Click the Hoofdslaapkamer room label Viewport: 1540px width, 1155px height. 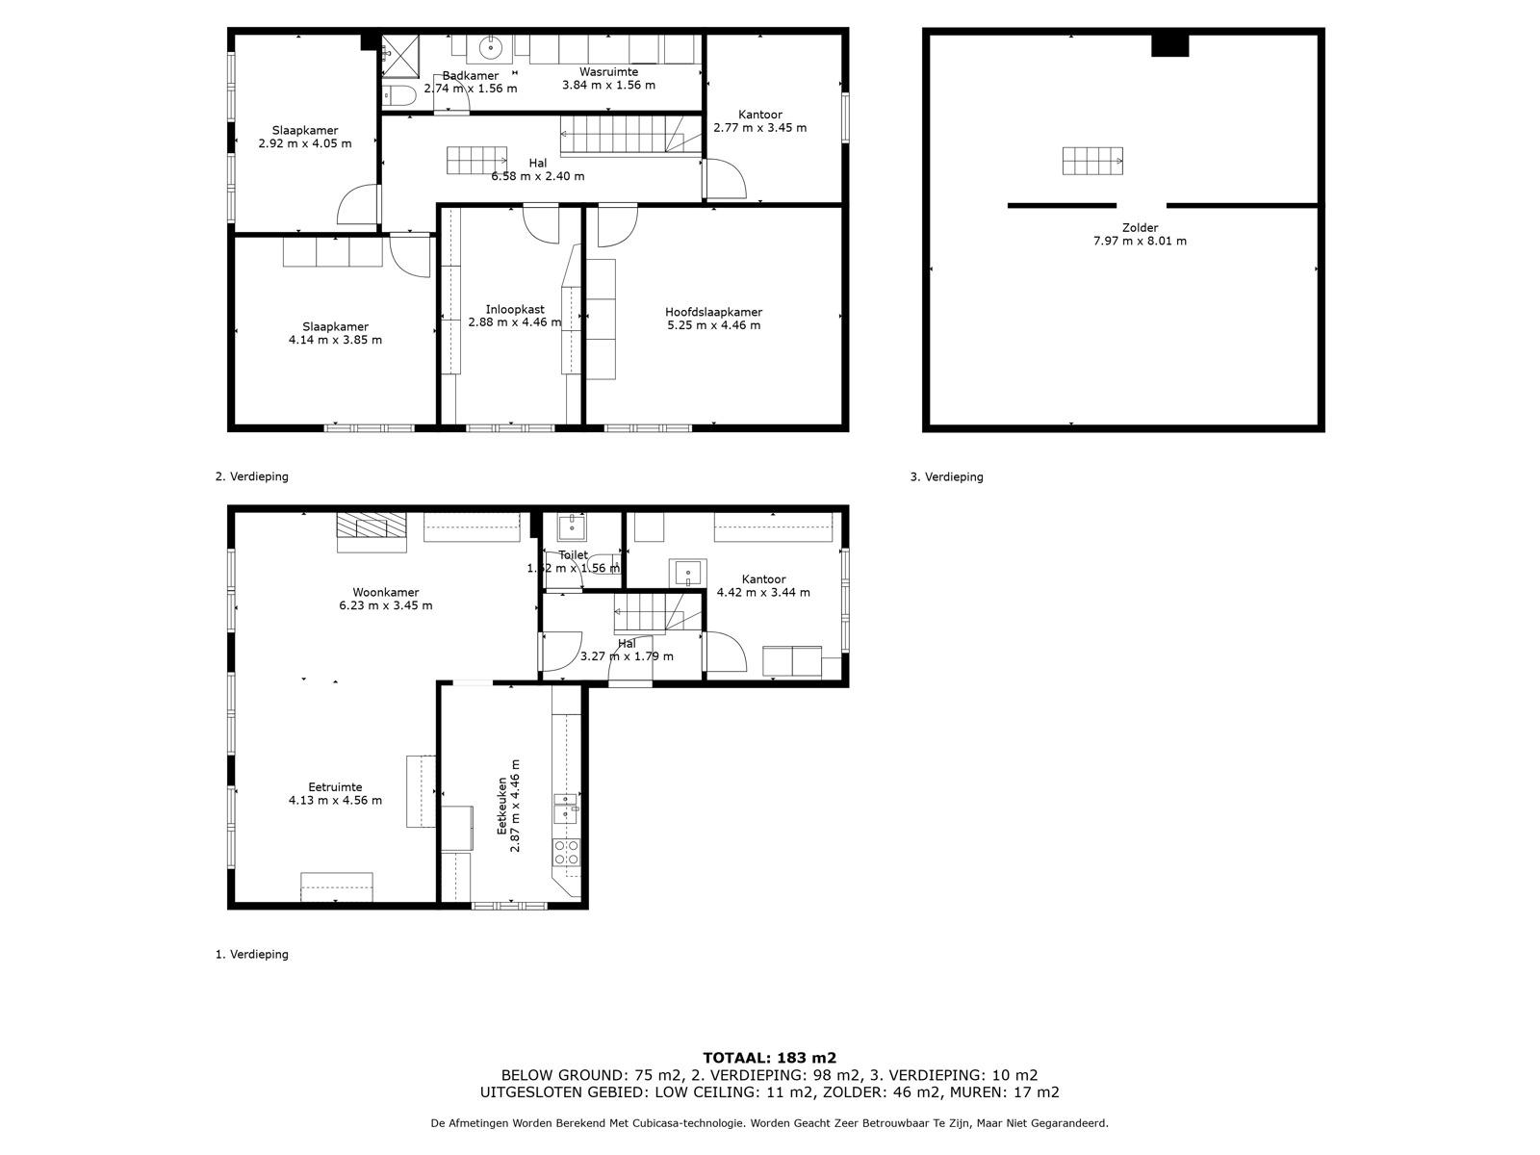point(713,312)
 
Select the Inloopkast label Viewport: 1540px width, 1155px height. point(514,309)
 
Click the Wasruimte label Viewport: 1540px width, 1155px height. point(608,72)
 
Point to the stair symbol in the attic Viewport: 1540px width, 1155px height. point(1092,161)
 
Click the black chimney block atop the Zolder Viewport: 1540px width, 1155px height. point(1169,45)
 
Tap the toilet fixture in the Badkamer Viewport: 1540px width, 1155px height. point(398,94)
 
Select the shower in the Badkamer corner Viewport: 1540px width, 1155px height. point(396,53)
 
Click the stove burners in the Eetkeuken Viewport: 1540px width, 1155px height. point(565,852)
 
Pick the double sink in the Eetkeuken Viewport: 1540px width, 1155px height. point(565,809)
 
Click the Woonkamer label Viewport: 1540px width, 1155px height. point(385,593)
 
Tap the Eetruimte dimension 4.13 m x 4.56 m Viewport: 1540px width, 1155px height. point(335,801)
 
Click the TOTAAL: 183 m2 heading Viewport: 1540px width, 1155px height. point(769,1058)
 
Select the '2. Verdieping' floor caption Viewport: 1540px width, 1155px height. point(251,476)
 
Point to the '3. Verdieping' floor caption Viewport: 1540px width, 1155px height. point(946,476)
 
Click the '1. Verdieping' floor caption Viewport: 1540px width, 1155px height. point(251,955)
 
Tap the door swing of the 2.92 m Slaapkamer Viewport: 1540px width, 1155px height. point(356,206)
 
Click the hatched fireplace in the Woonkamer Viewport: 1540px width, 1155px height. point(371,527)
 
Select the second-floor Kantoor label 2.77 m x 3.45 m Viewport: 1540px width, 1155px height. point(759,121)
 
